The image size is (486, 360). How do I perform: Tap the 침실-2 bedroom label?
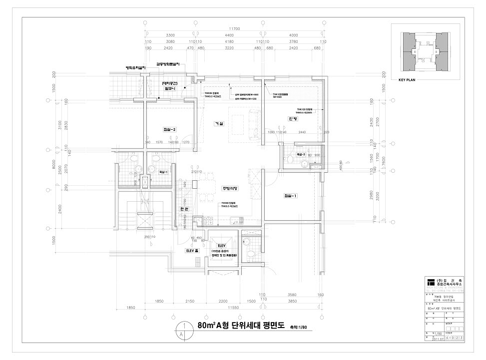[169, 130]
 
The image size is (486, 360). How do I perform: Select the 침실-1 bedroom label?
[291, 196]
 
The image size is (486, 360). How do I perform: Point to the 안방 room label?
[293, 119]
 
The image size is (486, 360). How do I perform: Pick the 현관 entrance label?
[183, 209]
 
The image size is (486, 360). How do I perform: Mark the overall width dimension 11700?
[235, 29]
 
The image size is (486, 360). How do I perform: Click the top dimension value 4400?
[229, 36]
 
